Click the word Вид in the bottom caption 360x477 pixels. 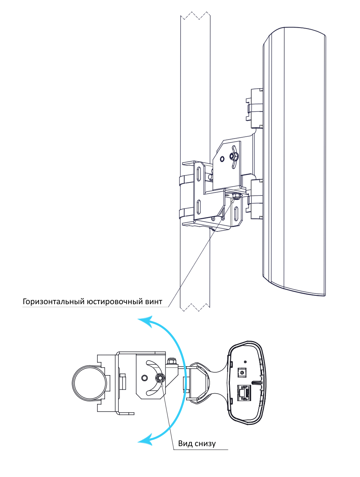tap(185, 443)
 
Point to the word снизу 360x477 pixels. tap(205, 444)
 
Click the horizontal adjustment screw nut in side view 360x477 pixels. tap(235, 196)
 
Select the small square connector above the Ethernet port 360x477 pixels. tap(242, 372)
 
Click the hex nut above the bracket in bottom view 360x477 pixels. tap(171, 361)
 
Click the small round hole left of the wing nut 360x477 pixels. tap(222, 159)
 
